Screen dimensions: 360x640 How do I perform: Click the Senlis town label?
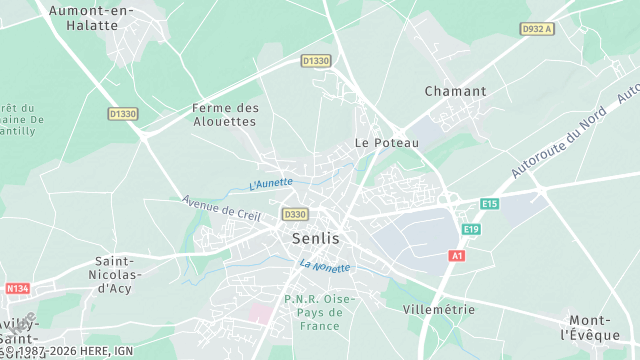point(315,239)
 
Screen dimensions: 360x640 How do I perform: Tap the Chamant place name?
point(455,91)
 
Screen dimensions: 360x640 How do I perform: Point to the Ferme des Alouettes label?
point(225,114)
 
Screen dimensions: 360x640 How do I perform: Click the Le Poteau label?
point(387,143)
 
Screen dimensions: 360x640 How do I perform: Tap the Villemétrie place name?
point(438,309)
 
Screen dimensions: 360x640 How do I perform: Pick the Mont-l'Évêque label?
point(591,327)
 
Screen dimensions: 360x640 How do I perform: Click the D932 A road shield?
point(537,29)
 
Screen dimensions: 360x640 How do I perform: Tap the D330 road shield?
point(295,214)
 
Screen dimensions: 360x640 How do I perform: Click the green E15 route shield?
point(489,204)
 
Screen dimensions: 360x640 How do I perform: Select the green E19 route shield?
point(471,230)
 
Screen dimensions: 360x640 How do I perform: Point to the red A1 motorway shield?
point(457,256)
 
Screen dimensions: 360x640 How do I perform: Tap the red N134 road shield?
point(18,289)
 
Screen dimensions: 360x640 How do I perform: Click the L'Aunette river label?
point(270,184)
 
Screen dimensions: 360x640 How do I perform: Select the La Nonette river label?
point(325,266)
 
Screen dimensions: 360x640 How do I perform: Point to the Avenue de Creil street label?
point(221,208)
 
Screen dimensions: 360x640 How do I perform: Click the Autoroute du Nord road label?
point(560,143)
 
